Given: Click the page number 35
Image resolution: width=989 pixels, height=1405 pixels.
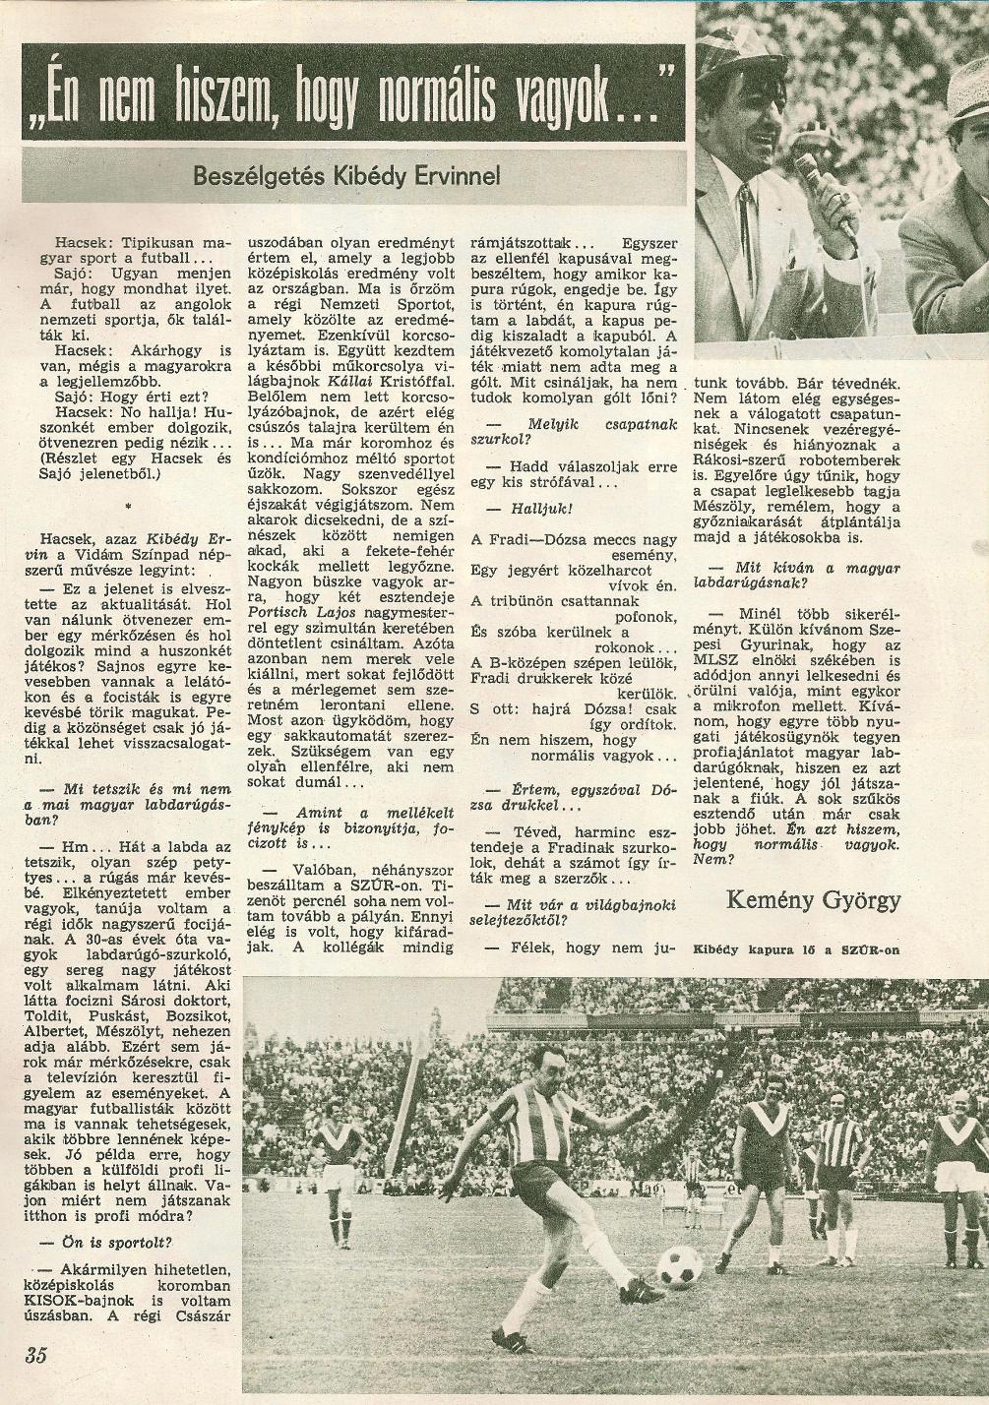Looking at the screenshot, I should click(36, 1356).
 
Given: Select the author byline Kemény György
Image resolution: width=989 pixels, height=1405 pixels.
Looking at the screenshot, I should click(813, 898).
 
